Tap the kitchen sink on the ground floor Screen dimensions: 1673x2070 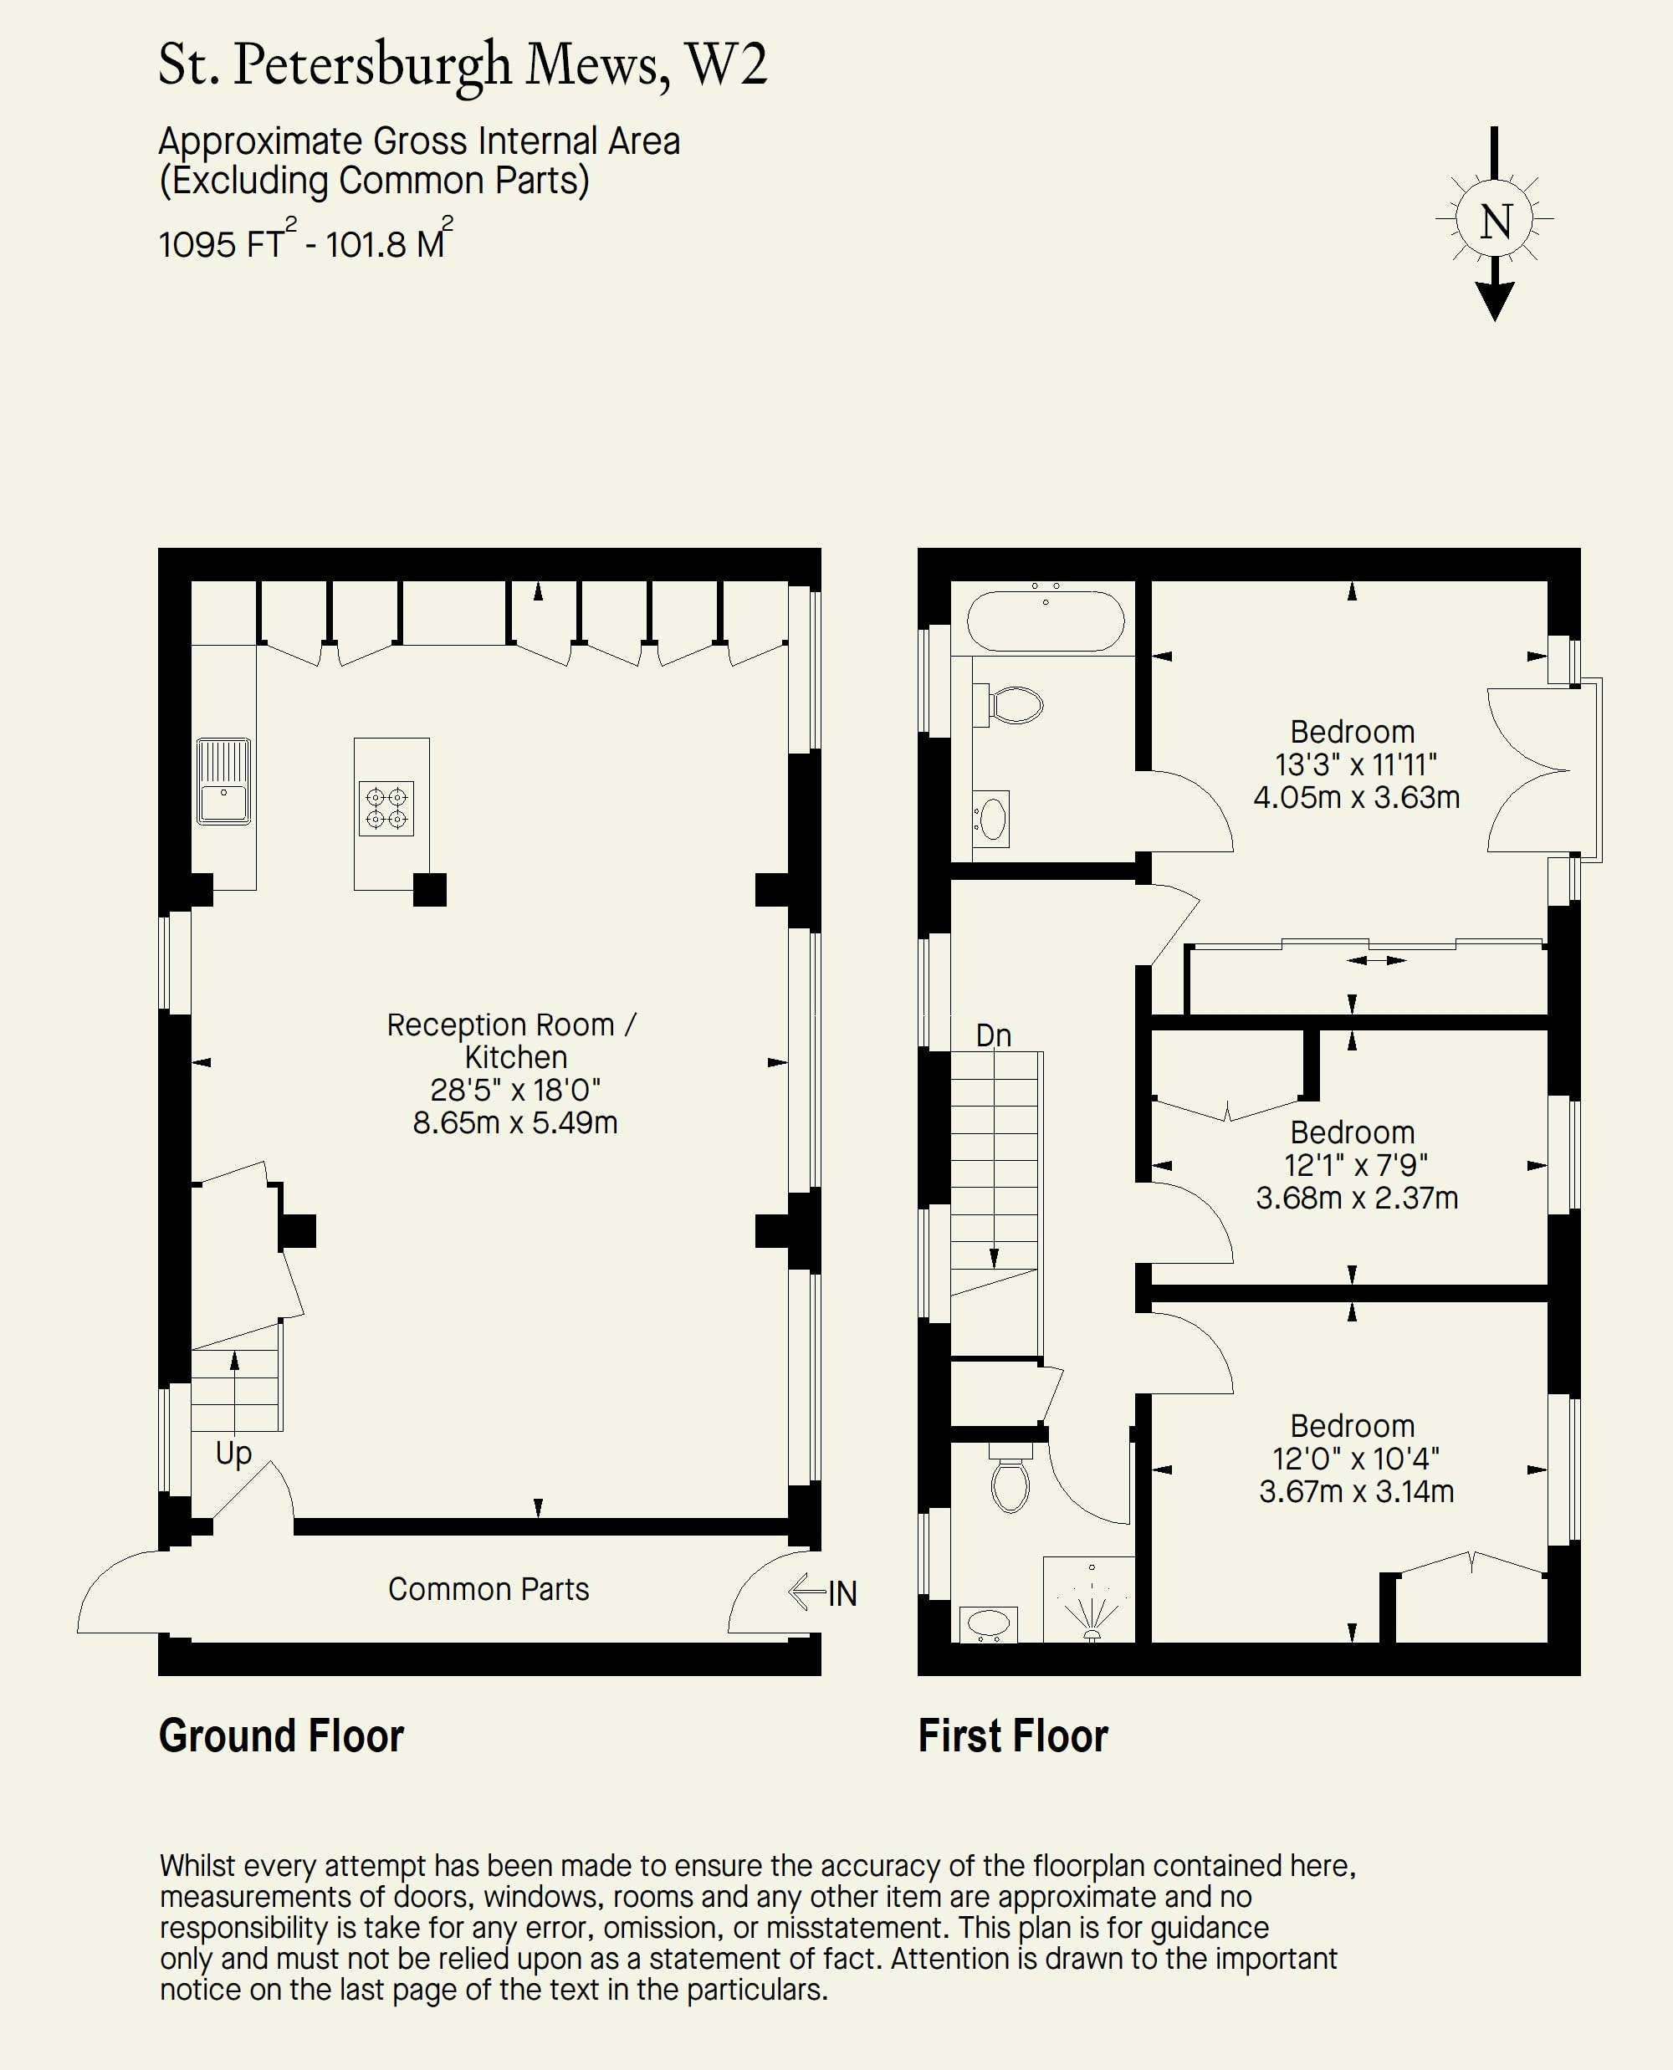(223, 781)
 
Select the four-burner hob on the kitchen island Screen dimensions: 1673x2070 (386, 809)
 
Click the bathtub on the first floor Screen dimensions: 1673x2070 (1046, 621)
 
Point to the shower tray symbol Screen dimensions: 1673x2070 (1090, 1600)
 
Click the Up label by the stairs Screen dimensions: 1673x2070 (233, 1454)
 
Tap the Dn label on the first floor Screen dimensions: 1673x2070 (994, 1035)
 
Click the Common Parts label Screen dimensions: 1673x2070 (489, 1589)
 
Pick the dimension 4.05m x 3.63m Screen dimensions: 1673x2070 (1356, 797)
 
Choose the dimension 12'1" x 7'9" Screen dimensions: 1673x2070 (1356, 1165)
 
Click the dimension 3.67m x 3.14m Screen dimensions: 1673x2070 (1356, 1491)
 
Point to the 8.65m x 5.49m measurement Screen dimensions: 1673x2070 (514, 1122)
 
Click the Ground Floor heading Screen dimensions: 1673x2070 (281, 1736)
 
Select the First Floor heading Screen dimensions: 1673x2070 (1013, 1736)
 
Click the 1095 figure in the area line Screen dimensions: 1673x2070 (197, 245)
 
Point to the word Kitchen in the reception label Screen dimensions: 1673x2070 (515, 1057)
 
